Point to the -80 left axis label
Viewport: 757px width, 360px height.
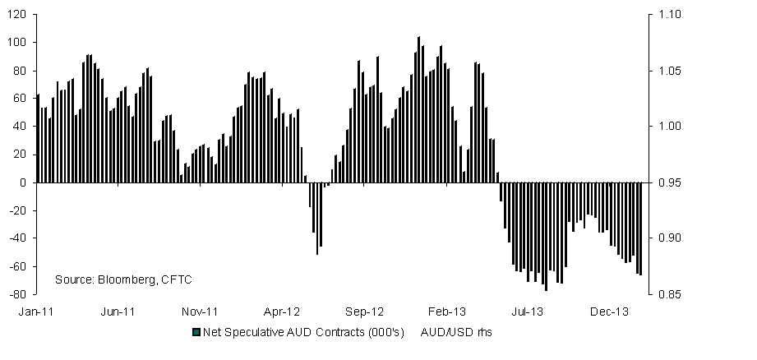pyautogui.click(x=19, y=294)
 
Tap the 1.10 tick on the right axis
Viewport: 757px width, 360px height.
pyautogui.click(x=661, y=15)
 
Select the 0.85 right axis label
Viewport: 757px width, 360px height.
pyautogui.click(x=661, y=294)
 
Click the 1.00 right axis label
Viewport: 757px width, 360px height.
pyautogui.click(x=661, y=127)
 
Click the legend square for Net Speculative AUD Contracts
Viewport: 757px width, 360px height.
pyautogui.click(x=196, y=332)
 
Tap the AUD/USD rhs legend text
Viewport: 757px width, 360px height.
pyautogui.click(x=455, y=332)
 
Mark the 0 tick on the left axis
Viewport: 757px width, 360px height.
pyautogui.click(x=25, y=182)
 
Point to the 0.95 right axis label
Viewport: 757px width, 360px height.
pyautogui.click(x=661, y=182)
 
